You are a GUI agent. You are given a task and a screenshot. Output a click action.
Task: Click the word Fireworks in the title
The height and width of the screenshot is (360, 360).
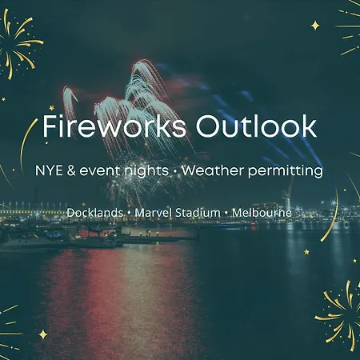click(x=114, y=126)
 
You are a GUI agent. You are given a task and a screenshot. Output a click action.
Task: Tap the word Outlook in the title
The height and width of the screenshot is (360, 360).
click(x=256, y=126)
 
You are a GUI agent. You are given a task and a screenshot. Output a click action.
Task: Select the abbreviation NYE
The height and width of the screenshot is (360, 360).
click(x=50, y=170)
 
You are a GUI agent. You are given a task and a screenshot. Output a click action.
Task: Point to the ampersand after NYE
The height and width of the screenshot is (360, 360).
click(x=71, y=170)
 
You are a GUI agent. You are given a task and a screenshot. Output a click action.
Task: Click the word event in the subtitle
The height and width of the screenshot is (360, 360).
click(x=99, y=171)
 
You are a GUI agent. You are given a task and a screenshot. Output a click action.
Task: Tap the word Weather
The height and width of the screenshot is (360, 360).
click(x=213, y=170)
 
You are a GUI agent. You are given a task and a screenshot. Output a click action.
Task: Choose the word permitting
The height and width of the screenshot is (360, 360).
click(x=286, y=171)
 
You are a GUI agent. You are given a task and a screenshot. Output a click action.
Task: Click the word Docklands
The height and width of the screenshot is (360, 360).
click(x=95, y=213)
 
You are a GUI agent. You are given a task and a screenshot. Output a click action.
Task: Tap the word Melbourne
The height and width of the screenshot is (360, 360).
click(x=262, y=213)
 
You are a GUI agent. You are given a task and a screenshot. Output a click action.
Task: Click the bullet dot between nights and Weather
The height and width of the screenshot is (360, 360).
click(x=175, y=171)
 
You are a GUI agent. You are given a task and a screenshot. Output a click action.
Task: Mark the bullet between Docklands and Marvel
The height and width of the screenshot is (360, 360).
click(x=129, y=214)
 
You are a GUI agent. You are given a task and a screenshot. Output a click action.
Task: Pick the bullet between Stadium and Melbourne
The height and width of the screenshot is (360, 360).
click(x=226, y=214)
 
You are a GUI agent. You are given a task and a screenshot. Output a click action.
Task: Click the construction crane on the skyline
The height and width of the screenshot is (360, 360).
click(x=287, y=194)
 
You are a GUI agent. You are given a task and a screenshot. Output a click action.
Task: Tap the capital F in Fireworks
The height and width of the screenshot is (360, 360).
click(x=50, y=126)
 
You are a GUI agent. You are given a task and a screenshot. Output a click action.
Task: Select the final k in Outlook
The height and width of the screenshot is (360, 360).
click(x=309, y=126)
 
